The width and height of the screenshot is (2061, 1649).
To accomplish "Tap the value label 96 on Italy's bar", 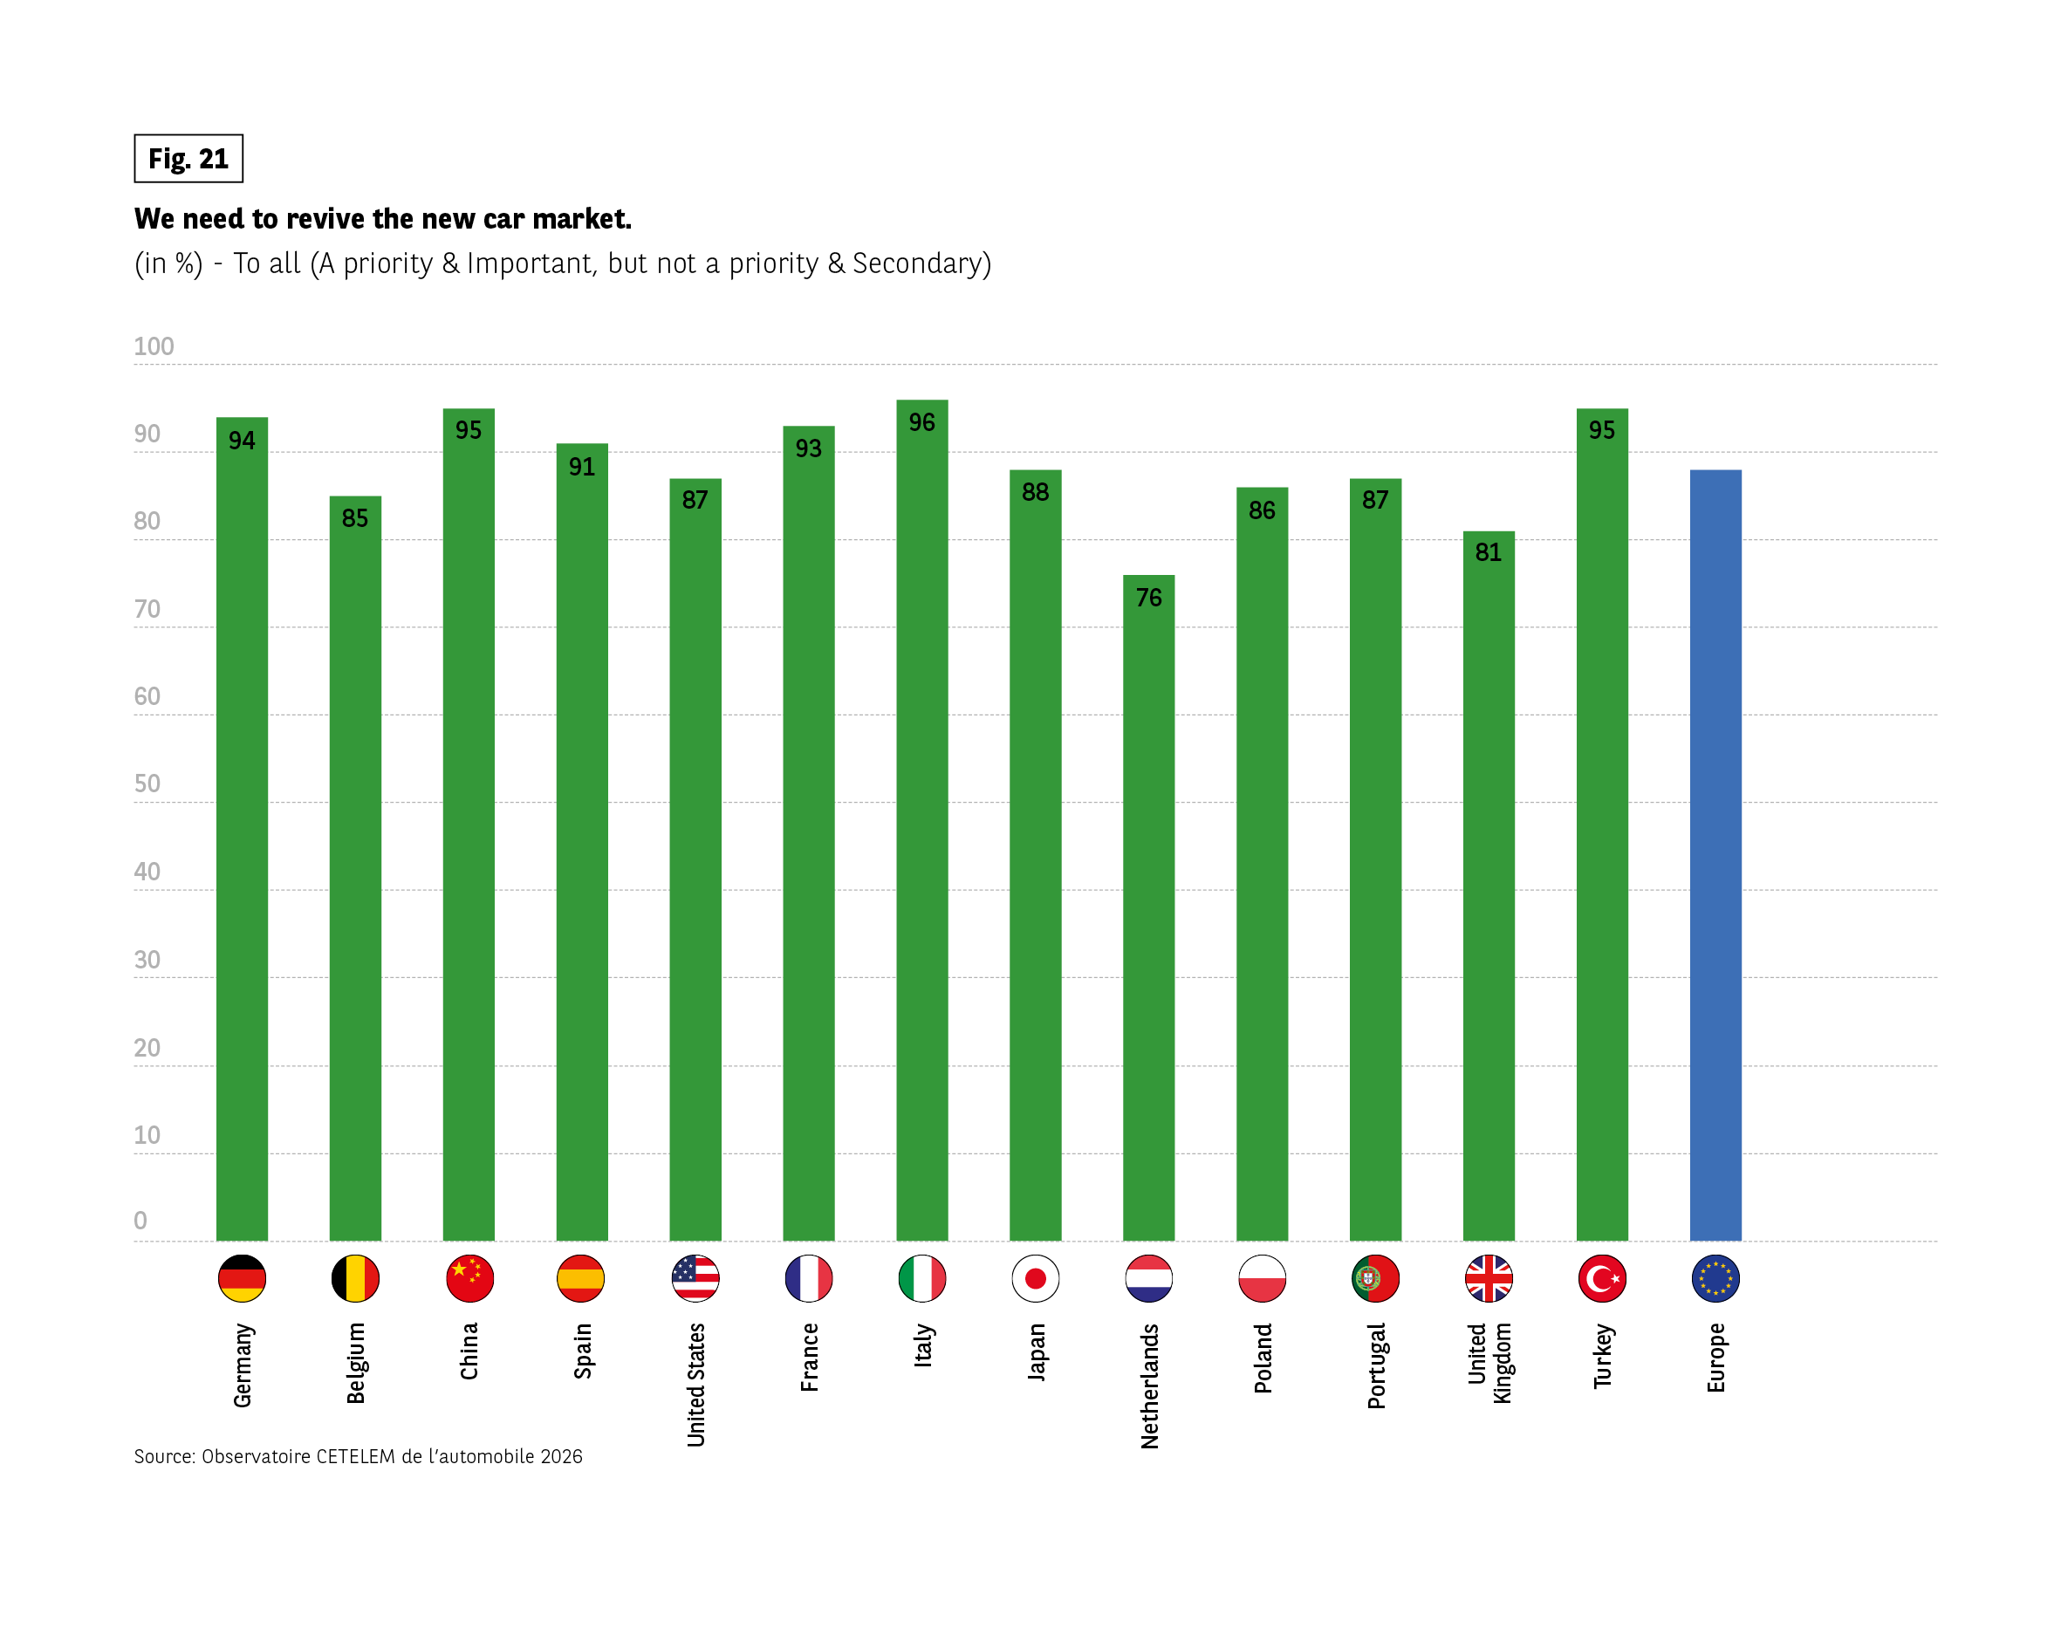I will [921, 422].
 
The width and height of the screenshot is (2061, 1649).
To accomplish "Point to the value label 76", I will [1148, 598].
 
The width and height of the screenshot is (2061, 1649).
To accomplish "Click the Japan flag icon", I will [1035, 1278].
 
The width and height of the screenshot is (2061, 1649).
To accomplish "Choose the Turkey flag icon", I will [1602, 1278].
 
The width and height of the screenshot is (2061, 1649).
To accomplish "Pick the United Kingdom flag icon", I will [1489, 1278].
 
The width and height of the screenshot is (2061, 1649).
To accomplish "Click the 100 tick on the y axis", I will [154, 346].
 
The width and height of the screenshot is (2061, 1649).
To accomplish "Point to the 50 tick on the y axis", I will [147, 783].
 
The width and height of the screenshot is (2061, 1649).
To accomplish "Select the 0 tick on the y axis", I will [140, 1221].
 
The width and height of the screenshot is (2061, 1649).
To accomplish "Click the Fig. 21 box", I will [188, 159].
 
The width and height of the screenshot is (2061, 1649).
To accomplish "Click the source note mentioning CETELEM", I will [358, 1456].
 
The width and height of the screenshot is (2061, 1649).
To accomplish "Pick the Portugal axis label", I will [1375, 1365].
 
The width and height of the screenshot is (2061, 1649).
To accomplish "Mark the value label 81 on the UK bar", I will [1489, 552].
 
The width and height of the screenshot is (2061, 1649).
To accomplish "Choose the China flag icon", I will [469, 1278].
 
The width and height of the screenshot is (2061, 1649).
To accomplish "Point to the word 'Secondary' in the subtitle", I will [917, 263].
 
